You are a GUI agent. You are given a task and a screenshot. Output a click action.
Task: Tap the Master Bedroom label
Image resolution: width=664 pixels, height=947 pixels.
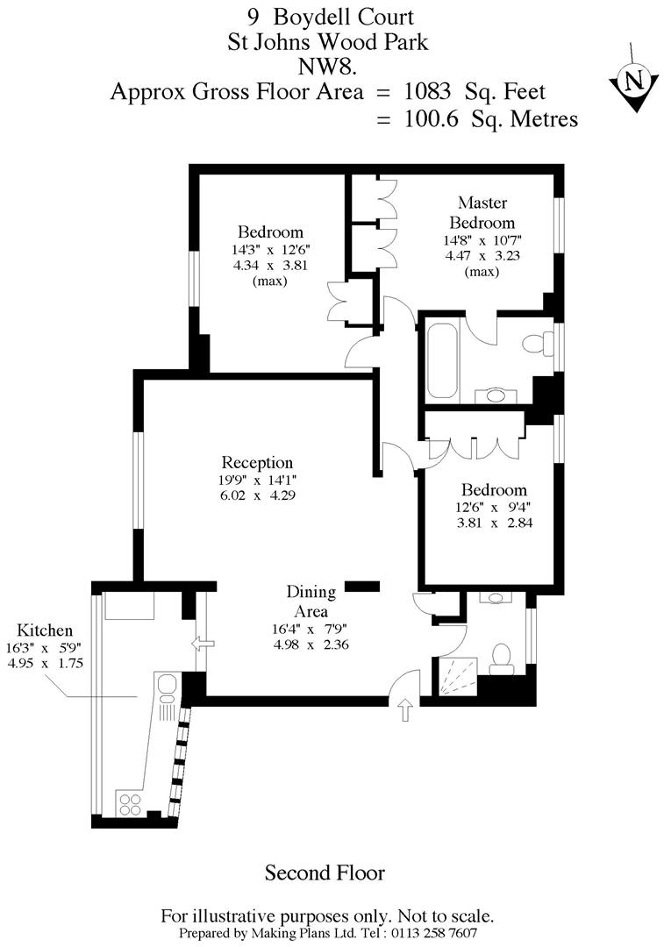pyautogui.click(x=482, y=212)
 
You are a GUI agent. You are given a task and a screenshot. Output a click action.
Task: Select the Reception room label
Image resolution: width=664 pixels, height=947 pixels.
pyautogui.click(x=257, y=463)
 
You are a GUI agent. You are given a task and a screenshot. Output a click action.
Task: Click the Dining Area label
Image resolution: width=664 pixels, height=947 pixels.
pyautogui.click(x=311, y=601)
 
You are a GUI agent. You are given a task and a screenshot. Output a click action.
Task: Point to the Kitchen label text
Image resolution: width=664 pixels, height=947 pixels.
pyautogui.click(x=45, y=630)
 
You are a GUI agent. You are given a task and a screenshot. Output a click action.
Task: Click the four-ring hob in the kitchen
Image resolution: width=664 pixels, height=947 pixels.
pyautogui.click(x=130, y=804)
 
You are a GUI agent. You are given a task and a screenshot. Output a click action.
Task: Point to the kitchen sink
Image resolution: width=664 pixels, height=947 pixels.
pyautogui.click(x=168, y=687)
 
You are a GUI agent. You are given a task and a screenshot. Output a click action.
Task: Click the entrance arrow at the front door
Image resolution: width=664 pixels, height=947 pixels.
pyautogui.click(x=405, y=710)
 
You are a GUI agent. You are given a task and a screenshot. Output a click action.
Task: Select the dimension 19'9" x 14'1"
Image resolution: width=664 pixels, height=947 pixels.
pyautogui.click(x=257, y=481)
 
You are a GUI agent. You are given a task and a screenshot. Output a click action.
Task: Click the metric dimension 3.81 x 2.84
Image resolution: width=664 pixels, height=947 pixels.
pyautogui.click(x=495, y=523)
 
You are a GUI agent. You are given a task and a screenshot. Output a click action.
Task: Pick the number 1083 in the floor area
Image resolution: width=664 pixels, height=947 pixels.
pyautogui.click(x=427, y=91)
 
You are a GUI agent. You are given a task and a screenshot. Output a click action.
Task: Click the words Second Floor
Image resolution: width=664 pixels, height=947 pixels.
pyautogui.click(x=325, y=872)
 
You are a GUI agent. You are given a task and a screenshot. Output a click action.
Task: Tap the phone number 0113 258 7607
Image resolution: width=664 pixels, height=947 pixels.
pyautogui.click(x=430, y=933)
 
